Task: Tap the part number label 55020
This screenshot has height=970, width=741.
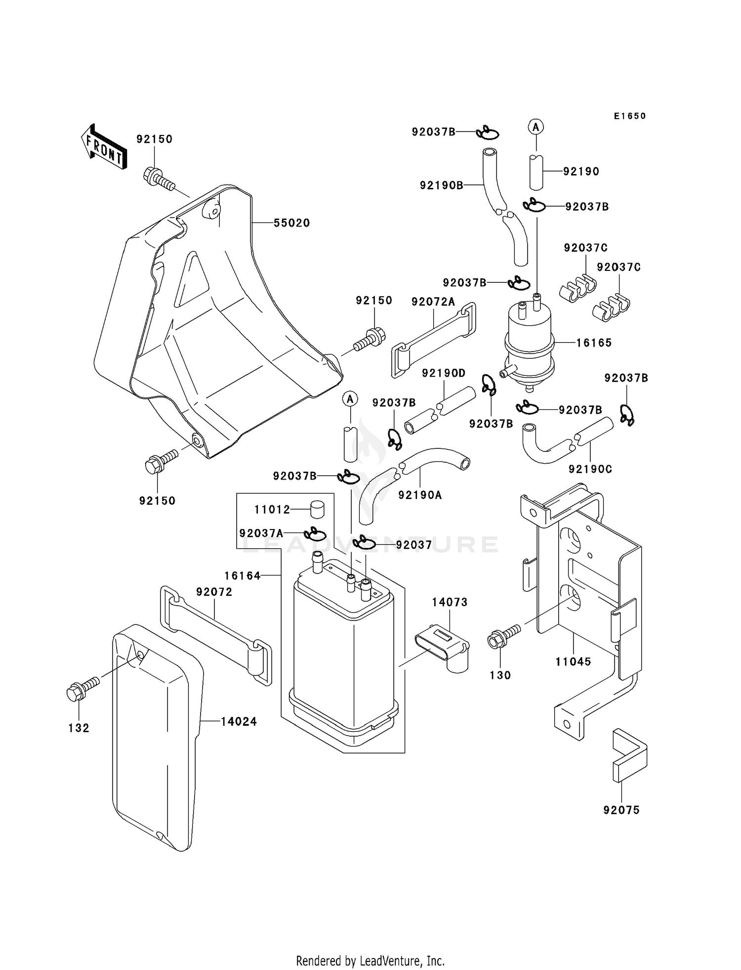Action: (292, 223)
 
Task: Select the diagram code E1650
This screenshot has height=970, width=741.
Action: (630, 116)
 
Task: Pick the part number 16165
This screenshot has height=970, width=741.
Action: (594, 343)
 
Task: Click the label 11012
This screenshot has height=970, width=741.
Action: (272, 509)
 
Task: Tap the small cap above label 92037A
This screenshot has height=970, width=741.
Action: (318, 508)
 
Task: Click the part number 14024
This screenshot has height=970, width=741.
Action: (239, 722)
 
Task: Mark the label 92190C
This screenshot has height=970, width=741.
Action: (590, 469)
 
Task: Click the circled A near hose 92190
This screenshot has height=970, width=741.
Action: (536, 127)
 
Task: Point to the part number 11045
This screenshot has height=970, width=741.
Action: (573, 661)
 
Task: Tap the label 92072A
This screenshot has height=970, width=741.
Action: (433, 302)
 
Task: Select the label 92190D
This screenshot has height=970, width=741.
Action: (444, 373)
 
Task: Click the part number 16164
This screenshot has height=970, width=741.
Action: (242, 575)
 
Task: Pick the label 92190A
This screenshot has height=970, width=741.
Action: (420, 494)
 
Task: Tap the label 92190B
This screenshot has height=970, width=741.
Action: (442, 185)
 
